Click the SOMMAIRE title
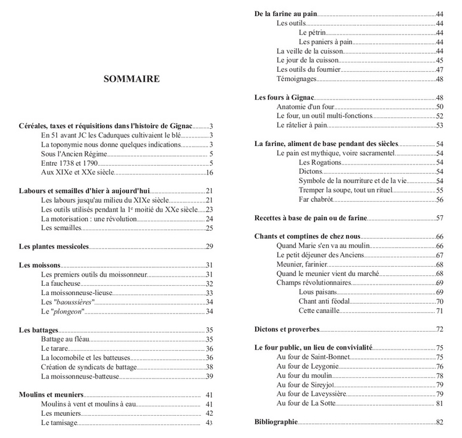(131, 79)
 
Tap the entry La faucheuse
(62, 283)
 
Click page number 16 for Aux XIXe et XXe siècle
(209, 173)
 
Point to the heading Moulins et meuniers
(51, 395)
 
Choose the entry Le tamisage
(59, 423)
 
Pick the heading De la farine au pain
(286, 14)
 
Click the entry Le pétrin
(312, 32)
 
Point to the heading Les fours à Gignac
(284, 97)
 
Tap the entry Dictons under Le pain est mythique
(310, 171)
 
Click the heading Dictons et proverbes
(287, 329)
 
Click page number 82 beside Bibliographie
(440, 423)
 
